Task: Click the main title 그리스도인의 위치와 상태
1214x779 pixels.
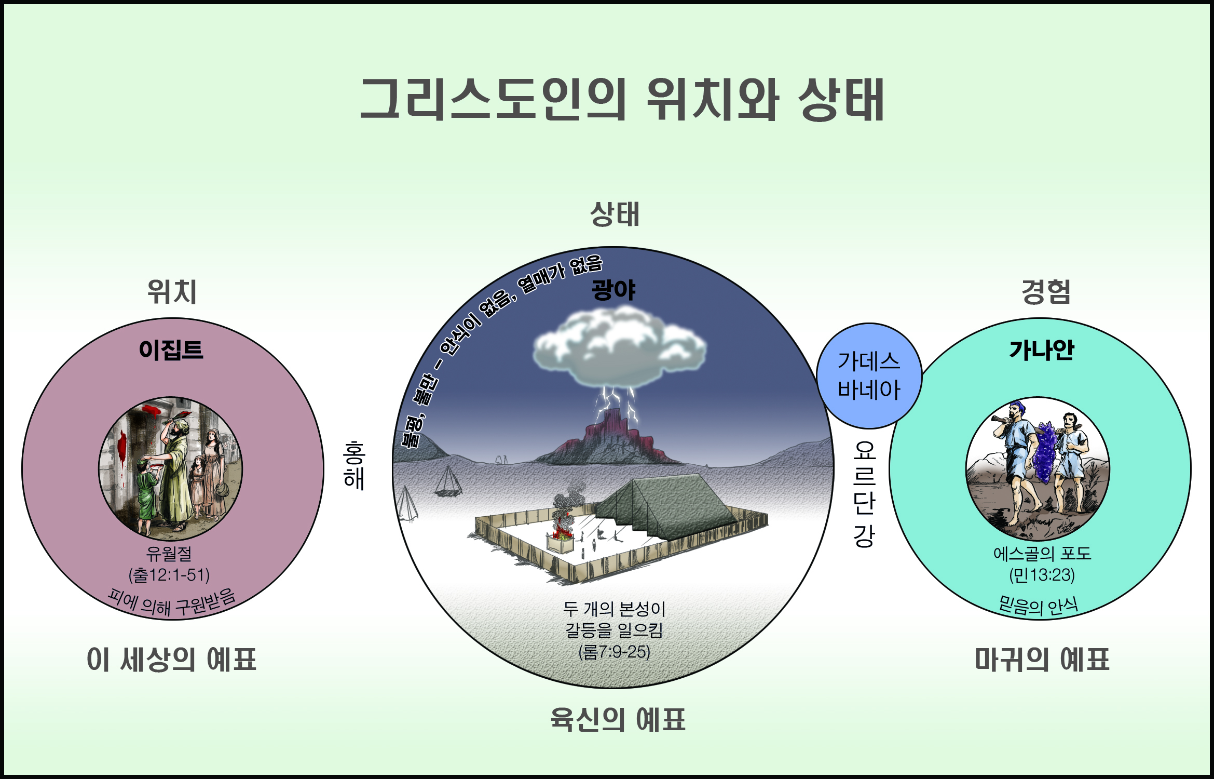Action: click(x=622, y=100)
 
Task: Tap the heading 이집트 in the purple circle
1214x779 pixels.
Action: click(x=171, y=350)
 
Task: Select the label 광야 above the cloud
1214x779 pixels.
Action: click(x=613, y=290)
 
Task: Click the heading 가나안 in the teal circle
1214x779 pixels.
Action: click(x=1041, y=350)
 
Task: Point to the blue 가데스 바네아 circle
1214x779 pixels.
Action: click(x=869, y=375)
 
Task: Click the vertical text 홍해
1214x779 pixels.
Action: click(x=354, y=465)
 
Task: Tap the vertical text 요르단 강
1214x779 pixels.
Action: click(x=864, y=494)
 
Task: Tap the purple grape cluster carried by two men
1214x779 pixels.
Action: click(x=1044, y=452)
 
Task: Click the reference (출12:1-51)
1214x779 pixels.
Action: click(x=169, y=575)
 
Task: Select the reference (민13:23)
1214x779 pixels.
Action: click(x=1042, y=575)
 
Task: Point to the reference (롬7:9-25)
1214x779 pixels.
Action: click(x=615, y=652)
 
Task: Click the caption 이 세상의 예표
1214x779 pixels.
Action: click(x=172, y=660)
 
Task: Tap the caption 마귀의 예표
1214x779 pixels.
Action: click(x=1042, y=660)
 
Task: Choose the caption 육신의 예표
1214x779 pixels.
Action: click(x=618, y=720)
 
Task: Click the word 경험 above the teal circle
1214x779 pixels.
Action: click(x=1046, y=292)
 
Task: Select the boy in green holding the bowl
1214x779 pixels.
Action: click(x=146, y=493)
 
